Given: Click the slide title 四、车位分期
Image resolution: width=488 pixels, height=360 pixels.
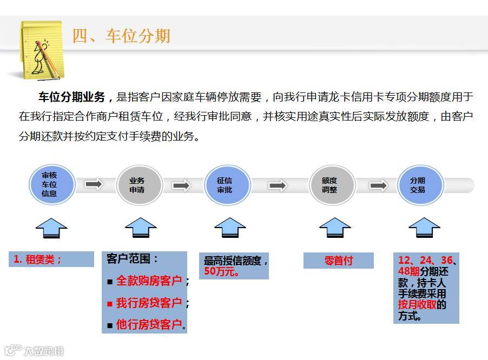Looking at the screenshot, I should tap(122, 36).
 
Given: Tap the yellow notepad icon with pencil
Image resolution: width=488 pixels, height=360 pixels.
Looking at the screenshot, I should tap(39, 48).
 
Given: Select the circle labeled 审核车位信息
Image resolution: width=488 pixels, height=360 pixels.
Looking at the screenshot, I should tap(49, 185).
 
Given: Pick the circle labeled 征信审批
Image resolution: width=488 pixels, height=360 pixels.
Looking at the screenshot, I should tap(225, 185).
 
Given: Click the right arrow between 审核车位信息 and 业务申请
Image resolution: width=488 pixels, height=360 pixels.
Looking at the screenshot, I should tap(94, 185).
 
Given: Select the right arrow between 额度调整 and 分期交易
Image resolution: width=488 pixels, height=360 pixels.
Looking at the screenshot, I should tap(379, 185).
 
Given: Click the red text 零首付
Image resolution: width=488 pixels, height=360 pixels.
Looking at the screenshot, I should tap(339, 261).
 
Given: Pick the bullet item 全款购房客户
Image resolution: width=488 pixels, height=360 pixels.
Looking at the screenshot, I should tap(149, 281).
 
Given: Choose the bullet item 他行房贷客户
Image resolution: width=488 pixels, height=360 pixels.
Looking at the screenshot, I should tap(149, 325).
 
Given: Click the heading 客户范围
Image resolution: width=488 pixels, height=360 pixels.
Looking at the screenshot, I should tap(133, 259).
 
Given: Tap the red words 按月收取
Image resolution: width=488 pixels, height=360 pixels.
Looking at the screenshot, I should tap(417, 304).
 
